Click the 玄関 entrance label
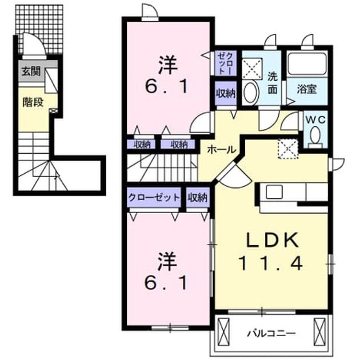tap(31, 71)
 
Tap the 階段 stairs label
tap(33, 102)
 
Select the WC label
tap(315, 119)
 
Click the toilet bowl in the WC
tap(315, 135)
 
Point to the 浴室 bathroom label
tap(307, 89)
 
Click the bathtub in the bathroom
tap(307, 64)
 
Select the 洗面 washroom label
tap(273, 83)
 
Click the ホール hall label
tap(221, 150)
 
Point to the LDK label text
tap(273, 239)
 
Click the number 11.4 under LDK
tap(270, 263)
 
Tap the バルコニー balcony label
tap(271, 333)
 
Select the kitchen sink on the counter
tap(274, 192)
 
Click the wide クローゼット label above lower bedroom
tap(154, 197)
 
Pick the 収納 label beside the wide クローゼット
tap(198, 197)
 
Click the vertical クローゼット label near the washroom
tap(226, 63)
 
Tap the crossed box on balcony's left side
tap(223, 331)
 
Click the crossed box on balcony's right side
tap(320, 331)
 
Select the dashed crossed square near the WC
tap(288, 149)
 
